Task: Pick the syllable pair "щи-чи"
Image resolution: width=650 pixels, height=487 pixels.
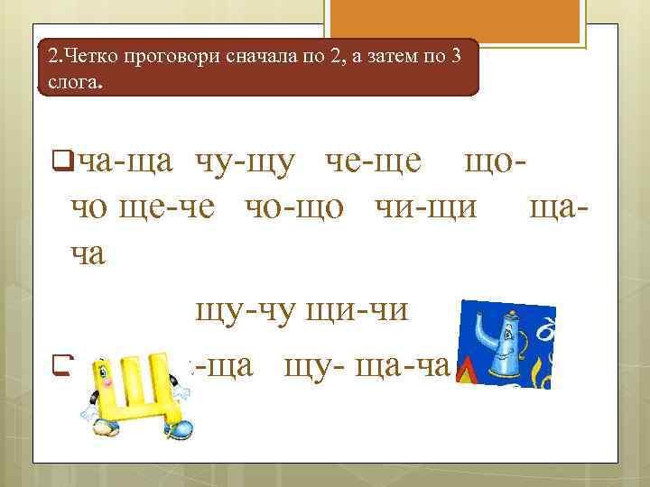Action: (x=360, y=311)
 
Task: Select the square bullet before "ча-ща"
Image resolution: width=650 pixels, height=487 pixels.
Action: (x=62, y=161)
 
